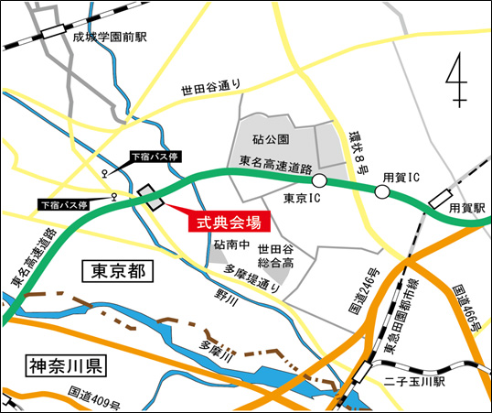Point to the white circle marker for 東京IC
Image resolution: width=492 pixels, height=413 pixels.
tap(319, 181)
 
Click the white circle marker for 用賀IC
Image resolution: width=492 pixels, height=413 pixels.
tap(380, 191)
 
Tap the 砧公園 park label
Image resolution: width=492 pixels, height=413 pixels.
tap(270, 139)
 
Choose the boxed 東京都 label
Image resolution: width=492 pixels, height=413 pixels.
tap(118, 271)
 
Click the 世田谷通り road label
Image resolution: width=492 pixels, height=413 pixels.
tap(210, 87)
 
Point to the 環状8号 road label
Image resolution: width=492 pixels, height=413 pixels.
tap(358, 148)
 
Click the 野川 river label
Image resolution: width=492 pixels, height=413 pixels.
tap(226, 295)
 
